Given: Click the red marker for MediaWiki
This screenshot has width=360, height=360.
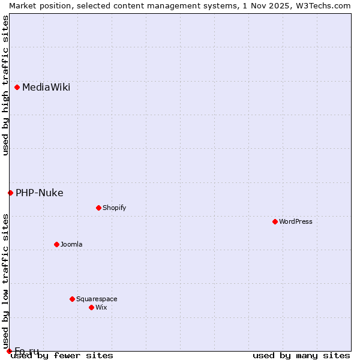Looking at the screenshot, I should tap(17, 88).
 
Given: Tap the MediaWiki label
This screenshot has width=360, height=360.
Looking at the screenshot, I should tap(46, 88).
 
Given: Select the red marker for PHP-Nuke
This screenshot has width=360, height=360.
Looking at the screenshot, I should tap(10, 193).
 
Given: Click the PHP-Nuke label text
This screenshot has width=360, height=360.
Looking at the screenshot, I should tap(40, 193).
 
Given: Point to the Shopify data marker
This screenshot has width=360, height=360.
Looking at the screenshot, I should tap(98, 208).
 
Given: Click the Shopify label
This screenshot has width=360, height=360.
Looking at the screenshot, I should tap(114, 208).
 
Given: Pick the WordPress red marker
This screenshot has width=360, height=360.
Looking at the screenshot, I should tap(275, 221).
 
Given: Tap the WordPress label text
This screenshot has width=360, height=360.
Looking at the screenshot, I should tap(296, 221).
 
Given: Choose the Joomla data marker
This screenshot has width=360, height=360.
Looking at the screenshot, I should tap(56, 244).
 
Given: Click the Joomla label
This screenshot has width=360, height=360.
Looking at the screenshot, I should tap(71, 244).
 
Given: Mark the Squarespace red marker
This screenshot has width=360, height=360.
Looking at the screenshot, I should tap(72, 299).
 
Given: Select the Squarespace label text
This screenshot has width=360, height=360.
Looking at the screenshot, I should tap(97, 299).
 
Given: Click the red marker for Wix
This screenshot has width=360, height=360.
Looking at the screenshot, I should tap(91, 307).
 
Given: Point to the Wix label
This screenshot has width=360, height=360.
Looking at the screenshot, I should tap(101, 307).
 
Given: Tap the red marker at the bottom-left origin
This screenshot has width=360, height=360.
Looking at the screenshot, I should tap(9, 351).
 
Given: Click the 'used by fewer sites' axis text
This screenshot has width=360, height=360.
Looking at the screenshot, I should tap(62, 356).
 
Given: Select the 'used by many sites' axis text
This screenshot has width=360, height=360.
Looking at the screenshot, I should tap(301, 356).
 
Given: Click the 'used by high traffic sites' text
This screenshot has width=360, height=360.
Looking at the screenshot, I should tap(5, 85).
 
